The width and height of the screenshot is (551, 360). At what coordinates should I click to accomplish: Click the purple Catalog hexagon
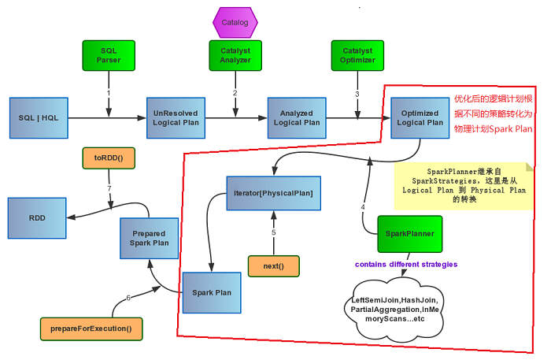pos(235,23)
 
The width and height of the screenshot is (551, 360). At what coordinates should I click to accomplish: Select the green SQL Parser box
pos(109,56)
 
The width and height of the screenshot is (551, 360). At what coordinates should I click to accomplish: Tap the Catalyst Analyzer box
pos(235,56)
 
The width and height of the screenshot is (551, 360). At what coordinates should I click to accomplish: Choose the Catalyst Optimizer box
pos(357,56)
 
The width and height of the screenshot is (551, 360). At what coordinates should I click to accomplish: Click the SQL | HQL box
pos(39,118)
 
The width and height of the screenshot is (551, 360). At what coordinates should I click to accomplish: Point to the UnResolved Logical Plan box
pos(176,118)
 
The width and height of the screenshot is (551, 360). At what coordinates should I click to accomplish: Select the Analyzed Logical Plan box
pos(297,118)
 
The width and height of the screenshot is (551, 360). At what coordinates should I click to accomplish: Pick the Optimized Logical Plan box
pos(420,118)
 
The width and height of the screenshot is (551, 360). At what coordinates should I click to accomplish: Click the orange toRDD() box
pos(109,158)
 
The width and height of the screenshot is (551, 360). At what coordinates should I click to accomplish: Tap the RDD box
pos(37,218)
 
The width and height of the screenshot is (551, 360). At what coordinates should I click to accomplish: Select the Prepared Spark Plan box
pos(150,239)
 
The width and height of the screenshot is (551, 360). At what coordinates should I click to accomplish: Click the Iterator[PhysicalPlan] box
pos(274,193)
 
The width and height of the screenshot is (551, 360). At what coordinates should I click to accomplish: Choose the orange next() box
pos(274,266)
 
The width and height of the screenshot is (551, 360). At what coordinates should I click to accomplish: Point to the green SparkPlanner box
pos(410,234)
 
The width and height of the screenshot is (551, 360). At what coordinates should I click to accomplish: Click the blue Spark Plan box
pos(212,292)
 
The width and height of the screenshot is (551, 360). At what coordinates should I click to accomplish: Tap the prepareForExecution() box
pos(91,329)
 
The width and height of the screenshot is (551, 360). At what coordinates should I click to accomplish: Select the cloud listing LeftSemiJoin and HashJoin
pos(394,310)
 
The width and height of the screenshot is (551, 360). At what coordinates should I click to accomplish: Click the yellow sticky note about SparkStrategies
pos(464,186)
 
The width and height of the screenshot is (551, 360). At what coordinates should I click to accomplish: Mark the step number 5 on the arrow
pos(274,232)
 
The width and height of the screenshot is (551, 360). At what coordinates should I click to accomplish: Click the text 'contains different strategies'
pos(406,265)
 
